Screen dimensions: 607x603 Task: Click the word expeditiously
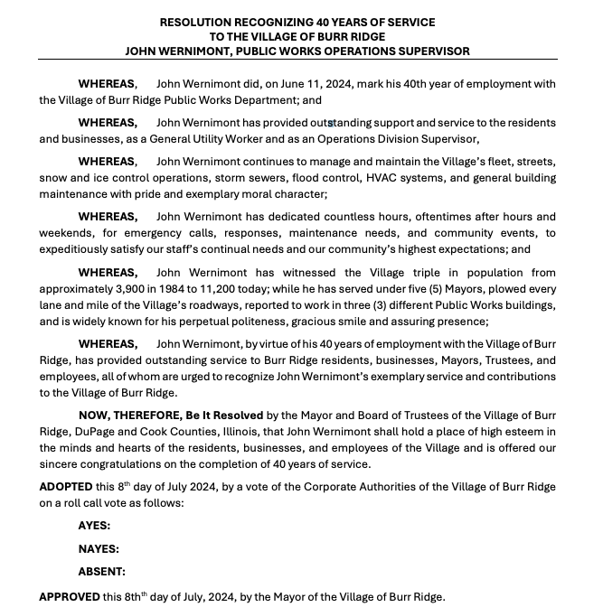(78, 249)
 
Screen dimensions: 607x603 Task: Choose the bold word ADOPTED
(66, 487)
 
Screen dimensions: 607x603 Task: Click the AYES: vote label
(95, 525)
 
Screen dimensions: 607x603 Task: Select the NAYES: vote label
(99, 548)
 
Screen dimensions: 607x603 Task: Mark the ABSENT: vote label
(101, 572)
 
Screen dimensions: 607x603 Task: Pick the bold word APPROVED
(69, 597)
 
